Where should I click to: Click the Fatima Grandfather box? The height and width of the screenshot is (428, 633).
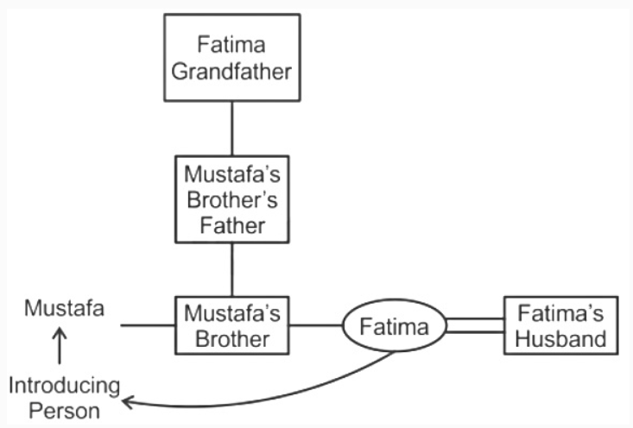[231, 57]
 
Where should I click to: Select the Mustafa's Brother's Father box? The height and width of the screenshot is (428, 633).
[231, 199]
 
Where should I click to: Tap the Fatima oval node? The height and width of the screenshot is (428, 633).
[394, 327]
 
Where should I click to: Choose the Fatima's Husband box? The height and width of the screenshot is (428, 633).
[561, 325]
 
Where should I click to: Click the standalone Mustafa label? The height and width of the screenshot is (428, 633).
[65, 308]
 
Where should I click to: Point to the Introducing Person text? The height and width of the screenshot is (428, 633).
[65, 396]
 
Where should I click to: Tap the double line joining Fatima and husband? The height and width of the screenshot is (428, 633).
[474, 325]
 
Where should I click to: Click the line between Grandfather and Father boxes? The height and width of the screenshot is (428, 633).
[231, 129]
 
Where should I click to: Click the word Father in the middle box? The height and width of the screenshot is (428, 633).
[231, 226]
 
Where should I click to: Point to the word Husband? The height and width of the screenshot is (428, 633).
[561, 338]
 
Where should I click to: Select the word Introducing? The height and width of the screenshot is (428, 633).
[65, 384]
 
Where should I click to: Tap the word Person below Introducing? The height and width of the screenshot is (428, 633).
[65, 410]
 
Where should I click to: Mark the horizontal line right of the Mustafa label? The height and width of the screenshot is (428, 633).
[147, 325]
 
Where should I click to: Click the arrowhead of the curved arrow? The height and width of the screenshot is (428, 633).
[127, 400]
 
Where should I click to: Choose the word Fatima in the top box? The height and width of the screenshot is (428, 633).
[231, 43]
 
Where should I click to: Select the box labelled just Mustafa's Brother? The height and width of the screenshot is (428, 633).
[231, 325]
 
